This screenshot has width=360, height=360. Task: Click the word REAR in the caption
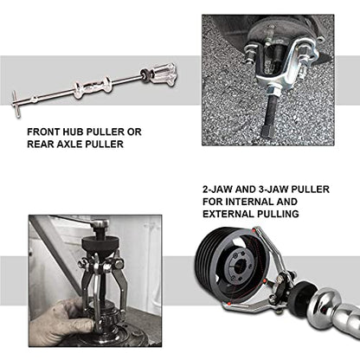click(x=41, y=144)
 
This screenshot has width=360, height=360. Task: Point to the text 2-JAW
click(x=217, y=190)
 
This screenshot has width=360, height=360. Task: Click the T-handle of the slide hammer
click(x=16, y=104)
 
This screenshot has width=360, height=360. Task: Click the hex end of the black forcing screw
click(x=266, y=131)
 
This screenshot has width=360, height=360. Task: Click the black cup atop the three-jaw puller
click(x=99, y=243)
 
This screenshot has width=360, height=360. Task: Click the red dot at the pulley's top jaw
click(x=254, y=230)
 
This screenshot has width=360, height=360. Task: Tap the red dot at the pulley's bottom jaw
click(x=228, y=304)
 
